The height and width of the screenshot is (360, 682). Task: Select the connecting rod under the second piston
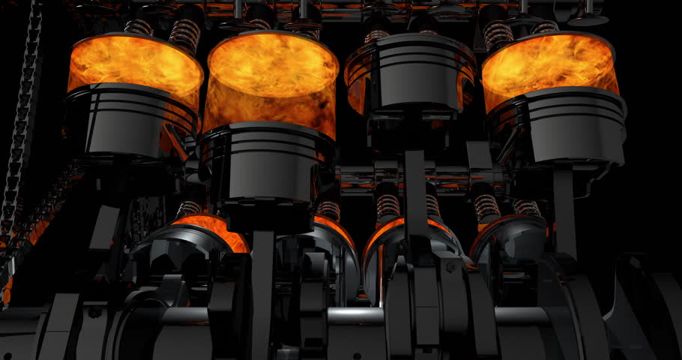click(262, 277)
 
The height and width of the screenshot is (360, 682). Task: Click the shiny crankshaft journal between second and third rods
click(352, 315)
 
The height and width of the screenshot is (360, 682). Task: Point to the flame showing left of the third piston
click(358, 82)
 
